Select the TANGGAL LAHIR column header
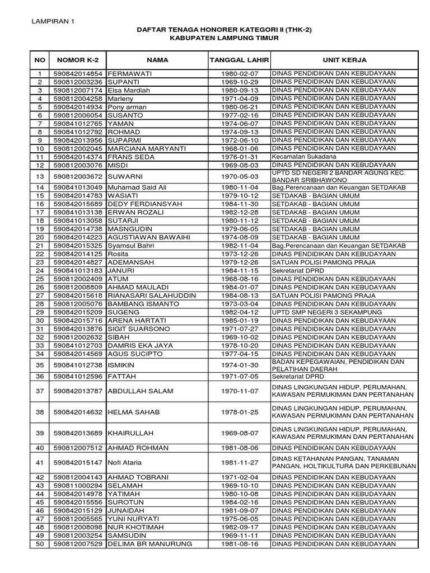click(239, 59)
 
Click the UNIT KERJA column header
click(344, 59)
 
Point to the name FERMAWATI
click(129, 74)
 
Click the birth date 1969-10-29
click(239, 82)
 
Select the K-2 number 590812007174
click(78, 91)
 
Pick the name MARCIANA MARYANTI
click(143, 148)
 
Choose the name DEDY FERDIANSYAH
click(144, 204)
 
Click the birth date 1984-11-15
click(239, 271)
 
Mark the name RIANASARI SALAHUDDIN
click(151, 295)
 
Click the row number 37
click(39, 391)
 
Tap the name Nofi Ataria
click(124, 463)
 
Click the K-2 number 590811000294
click(78, 486)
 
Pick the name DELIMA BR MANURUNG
click(149, 544)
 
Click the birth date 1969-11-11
click(239, 536)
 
